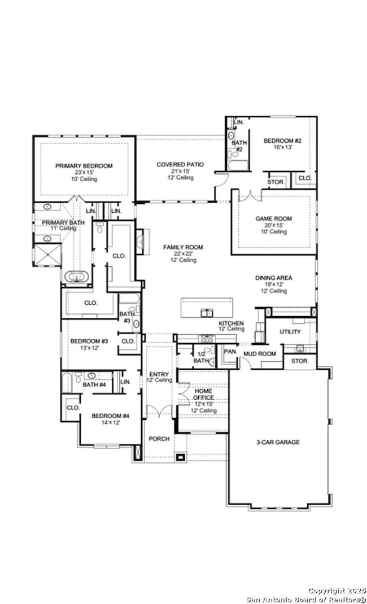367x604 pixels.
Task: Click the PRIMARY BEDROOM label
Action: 84,166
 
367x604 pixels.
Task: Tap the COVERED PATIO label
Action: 180,164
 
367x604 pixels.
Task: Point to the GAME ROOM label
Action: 274,218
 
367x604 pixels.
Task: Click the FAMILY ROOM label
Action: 183,247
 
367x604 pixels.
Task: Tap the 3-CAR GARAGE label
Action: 277,442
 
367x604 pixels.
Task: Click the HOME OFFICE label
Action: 203,394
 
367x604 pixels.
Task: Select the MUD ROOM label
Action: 259,354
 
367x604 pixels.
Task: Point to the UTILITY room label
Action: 290,332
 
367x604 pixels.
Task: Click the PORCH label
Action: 159,439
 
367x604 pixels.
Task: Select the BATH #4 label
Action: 94,385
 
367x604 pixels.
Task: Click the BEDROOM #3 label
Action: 89,341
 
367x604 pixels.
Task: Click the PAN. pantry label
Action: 230,351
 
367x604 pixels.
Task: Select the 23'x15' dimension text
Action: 84,173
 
